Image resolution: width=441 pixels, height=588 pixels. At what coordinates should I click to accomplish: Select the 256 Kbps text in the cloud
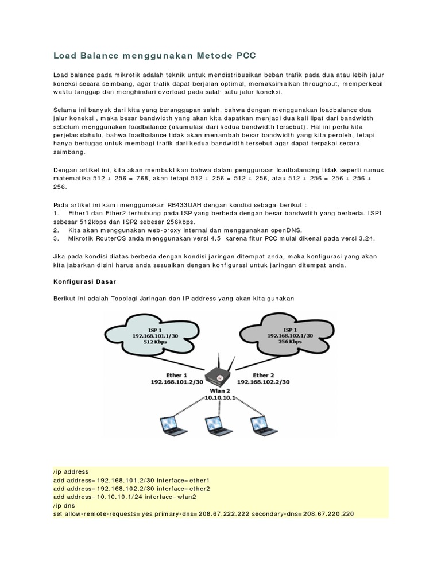click(290, 341)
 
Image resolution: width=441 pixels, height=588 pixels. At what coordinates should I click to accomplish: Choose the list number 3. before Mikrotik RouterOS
click(56, 237)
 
